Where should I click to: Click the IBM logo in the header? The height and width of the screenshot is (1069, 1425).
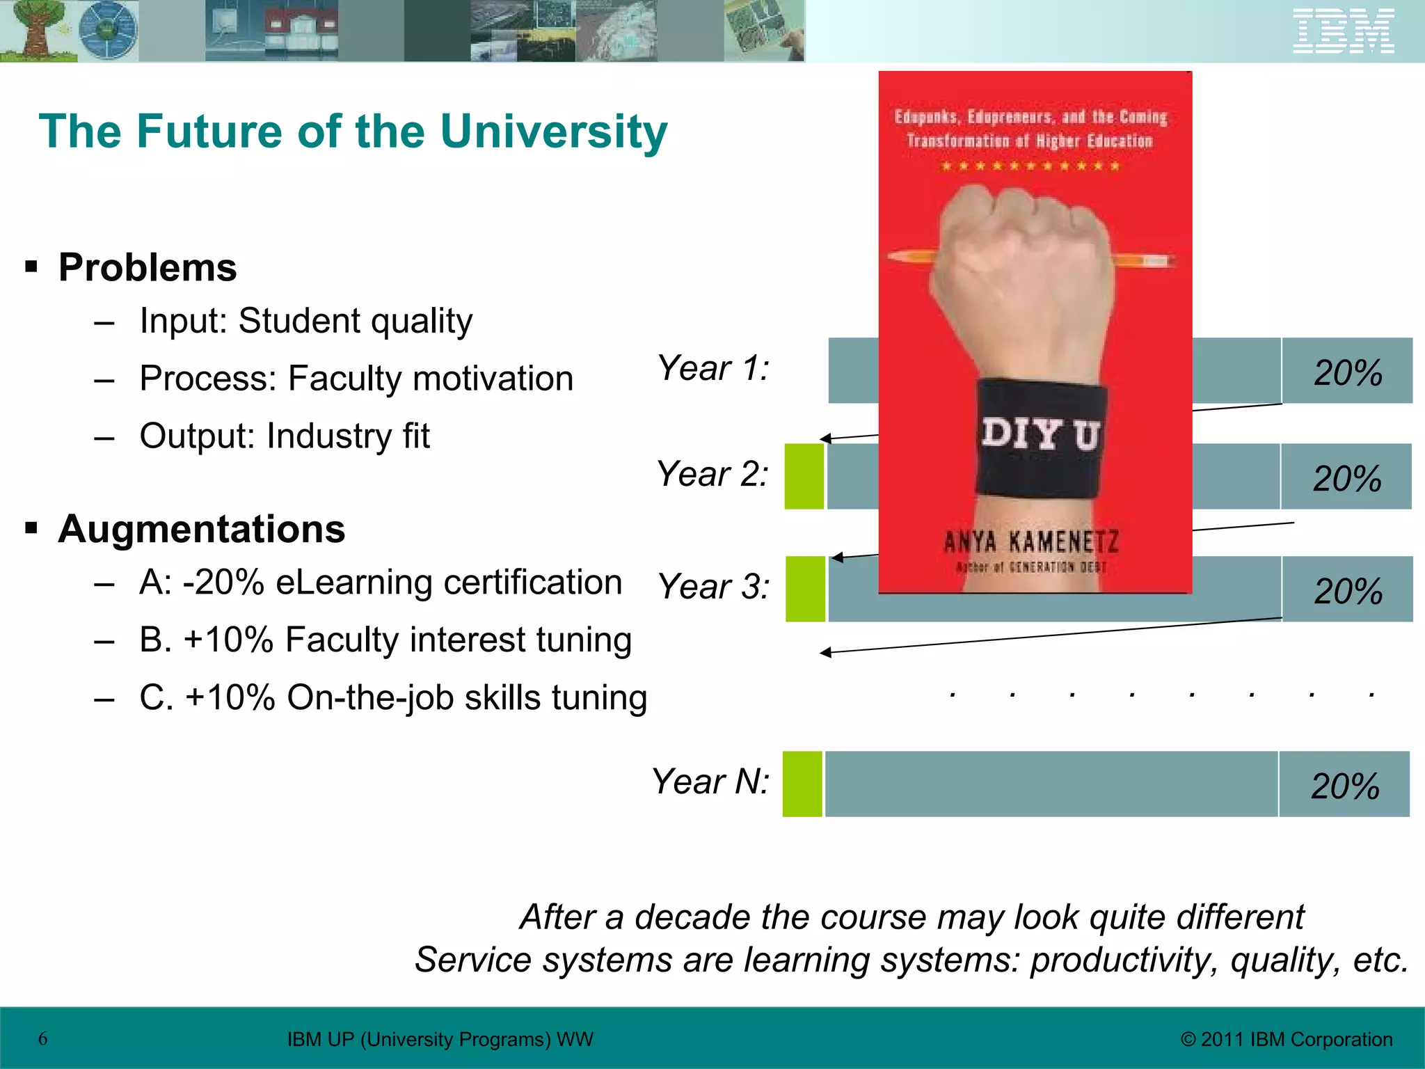(x=1344, y=31)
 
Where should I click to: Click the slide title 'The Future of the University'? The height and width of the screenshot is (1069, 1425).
(x=353, y=132)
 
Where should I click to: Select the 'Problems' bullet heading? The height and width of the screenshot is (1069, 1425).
(x=148, y=267)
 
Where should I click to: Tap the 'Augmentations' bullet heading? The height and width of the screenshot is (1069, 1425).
(x=201, y=529)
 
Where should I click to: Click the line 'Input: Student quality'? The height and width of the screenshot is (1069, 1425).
(x=305, y=322)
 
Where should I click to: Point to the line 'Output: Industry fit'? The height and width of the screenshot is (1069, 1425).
(x=284, y=436)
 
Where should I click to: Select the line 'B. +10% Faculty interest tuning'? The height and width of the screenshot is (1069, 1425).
(x=385, y=640)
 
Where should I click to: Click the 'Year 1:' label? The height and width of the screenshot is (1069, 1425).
(x=713, y=368)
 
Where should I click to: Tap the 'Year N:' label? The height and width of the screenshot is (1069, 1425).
(x=710, y=782)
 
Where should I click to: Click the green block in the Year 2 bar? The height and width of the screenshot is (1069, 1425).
(x=804, y=477)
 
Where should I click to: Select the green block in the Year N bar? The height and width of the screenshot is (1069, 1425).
(x=802, y=784)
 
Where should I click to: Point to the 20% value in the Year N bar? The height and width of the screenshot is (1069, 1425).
(x=1344, y=786)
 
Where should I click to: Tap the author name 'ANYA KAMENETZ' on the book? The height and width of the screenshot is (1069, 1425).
(x=1031, y=541)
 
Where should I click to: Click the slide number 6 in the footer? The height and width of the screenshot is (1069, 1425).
(x=43, y=1039)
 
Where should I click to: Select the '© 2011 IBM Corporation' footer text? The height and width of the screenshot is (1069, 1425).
(x=1287, y=1040)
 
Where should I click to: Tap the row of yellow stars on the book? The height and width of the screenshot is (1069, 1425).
(x=1030, y=166)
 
